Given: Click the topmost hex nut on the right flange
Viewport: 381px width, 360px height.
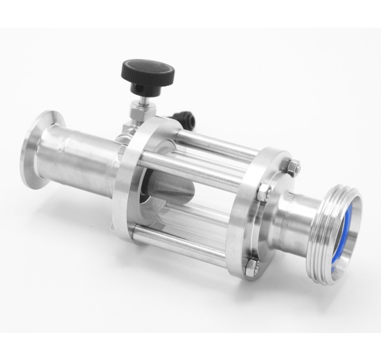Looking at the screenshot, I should tap(293, 167).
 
